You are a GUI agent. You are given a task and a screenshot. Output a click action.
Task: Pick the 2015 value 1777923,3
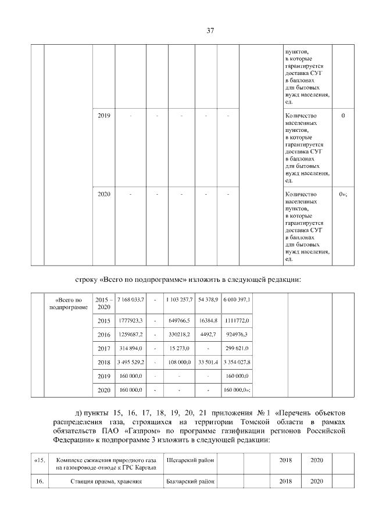[131, 320]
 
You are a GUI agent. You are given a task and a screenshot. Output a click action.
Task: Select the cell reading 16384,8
[208, 320]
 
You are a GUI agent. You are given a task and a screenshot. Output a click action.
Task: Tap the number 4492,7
[208, 335]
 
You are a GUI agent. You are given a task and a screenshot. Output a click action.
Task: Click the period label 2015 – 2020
[104, 302]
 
